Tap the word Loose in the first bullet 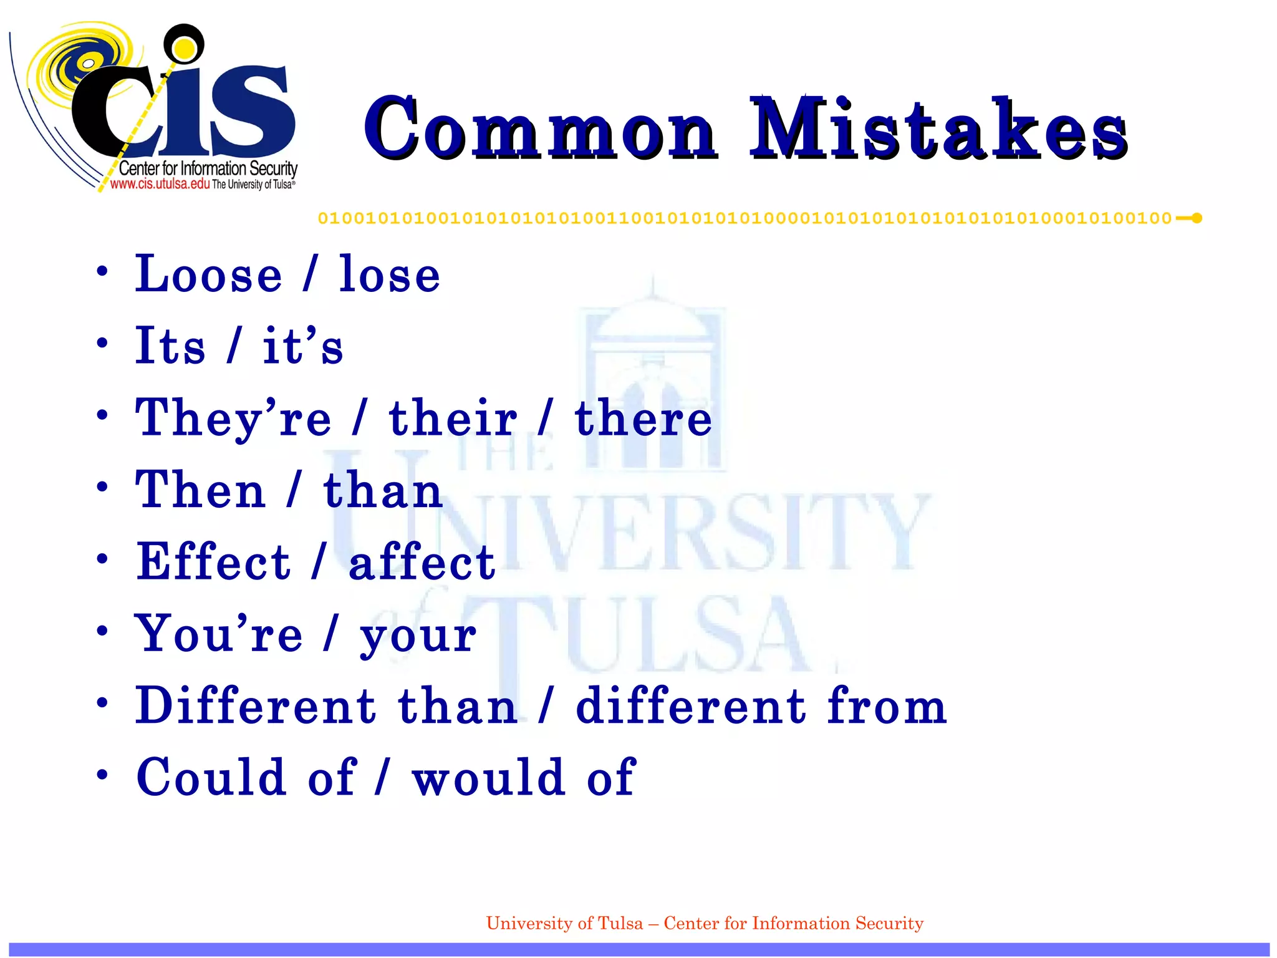coord(209,274)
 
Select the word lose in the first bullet coord(390,274)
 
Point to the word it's coord(303,346)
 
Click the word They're coord(233,418)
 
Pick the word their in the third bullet coord(453,418)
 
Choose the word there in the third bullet coord(643,418)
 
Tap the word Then coord(201,490)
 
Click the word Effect coord(213,562)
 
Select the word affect coord(422,562)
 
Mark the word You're coord(219,634)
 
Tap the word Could coord(211,778)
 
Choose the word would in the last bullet coord(489,778)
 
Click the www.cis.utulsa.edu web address coord(160,184)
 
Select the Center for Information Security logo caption coord(208,168)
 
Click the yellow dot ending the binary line coord(1197,218)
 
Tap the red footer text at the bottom coord(705,923)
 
